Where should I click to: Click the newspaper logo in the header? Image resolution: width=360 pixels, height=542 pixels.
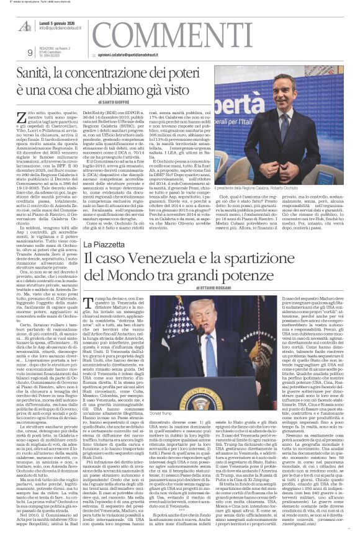point(25,26)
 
